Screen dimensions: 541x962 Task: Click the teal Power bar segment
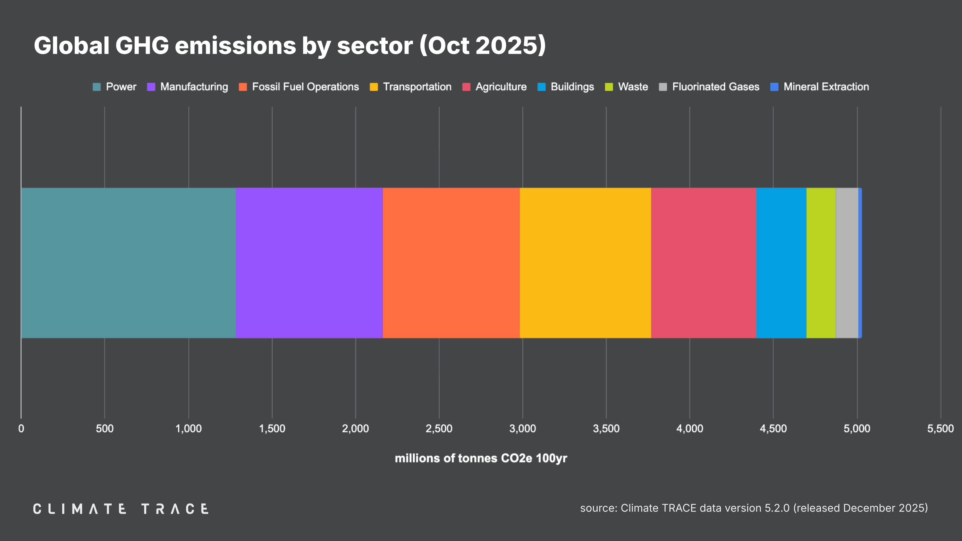tap(128, 263)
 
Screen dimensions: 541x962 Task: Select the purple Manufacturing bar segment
tap(309, 263)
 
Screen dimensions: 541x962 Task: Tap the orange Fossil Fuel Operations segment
tap(451, 263)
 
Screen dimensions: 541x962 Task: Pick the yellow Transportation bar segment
tap(585, 263)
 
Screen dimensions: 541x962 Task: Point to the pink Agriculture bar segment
tap(704, 263)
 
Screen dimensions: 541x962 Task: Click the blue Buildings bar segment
tap(781, 263)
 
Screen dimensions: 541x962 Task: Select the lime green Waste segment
tap(821, 263)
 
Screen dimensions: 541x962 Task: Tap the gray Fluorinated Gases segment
tap(847, 263)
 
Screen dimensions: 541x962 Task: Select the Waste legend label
tap(633, 87)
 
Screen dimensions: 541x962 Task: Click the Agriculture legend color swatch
tap(466, 87)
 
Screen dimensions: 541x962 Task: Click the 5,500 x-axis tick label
tap(940, 428)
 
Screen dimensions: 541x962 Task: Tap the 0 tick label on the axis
tap(21, 428)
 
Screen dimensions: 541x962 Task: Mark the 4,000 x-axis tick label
tap(689, 428)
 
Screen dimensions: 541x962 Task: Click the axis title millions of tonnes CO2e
tap(481, 458)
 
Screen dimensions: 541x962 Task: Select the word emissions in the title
tap(235, 46)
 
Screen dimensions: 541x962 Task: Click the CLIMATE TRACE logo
tap(121, 509)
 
